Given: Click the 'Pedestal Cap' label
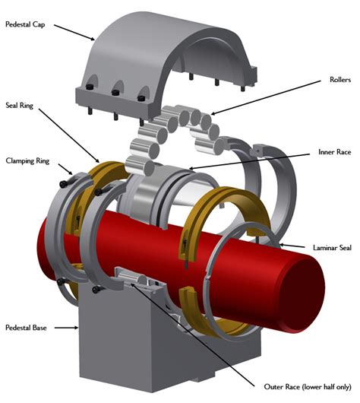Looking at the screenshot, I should pyautogui.click(x=27, y=24).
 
